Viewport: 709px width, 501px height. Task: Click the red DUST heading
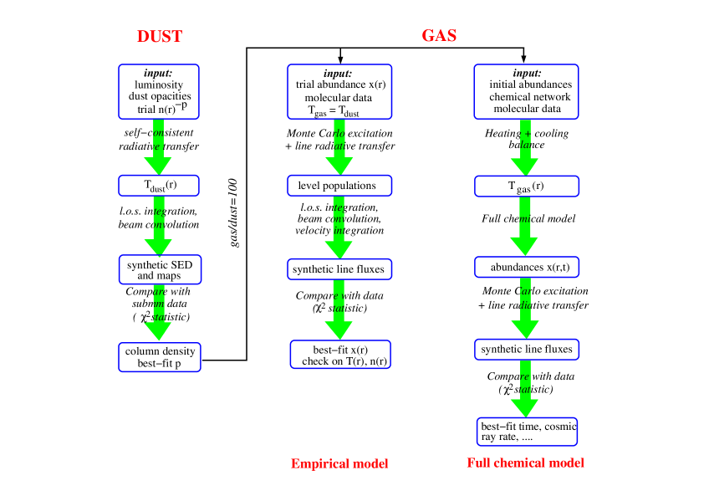click(x=160, y=37)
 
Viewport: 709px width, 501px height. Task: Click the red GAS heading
click(x=439, y=36)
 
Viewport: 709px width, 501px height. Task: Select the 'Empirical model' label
click(x=339, y=463)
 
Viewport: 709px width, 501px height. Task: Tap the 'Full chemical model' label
click(x=525, y=463)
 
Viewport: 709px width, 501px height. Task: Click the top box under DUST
click(x=159, y=92)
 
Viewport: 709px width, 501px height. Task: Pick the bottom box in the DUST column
click(x=160, y=357)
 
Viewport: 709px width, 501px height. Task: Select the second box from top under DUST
click(x=159, y=186)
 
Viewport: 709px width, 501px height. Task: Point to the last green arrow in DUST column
click(x=158, y=313)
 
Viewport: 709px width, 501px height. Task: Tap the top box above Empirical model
click(x=339, y=92)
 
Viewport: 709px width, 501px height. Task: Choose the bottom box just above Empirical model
click(x=340, y=354)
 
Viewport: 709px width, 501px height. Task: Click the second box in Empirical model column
click(x=339, y=186)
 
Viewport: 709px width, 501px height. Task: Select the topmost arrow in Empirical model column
click(x=339, y=148)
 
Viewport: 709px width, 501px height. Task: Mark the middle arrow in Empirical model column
click(x=339, y=228)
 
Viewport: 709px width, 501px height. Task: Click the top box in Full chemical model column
click(x=526, y=92)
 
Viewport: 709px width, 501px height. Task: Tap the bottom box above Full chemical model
click(x=527, y=432)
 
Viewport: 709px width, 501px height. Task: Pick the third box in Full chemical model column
click(x=527, y=267)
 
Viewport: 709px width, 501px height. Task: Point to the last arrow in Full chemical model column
click(x=524, y=390)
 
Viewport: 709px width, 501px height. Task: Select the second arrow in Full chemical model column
click(x=524, y=227)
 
